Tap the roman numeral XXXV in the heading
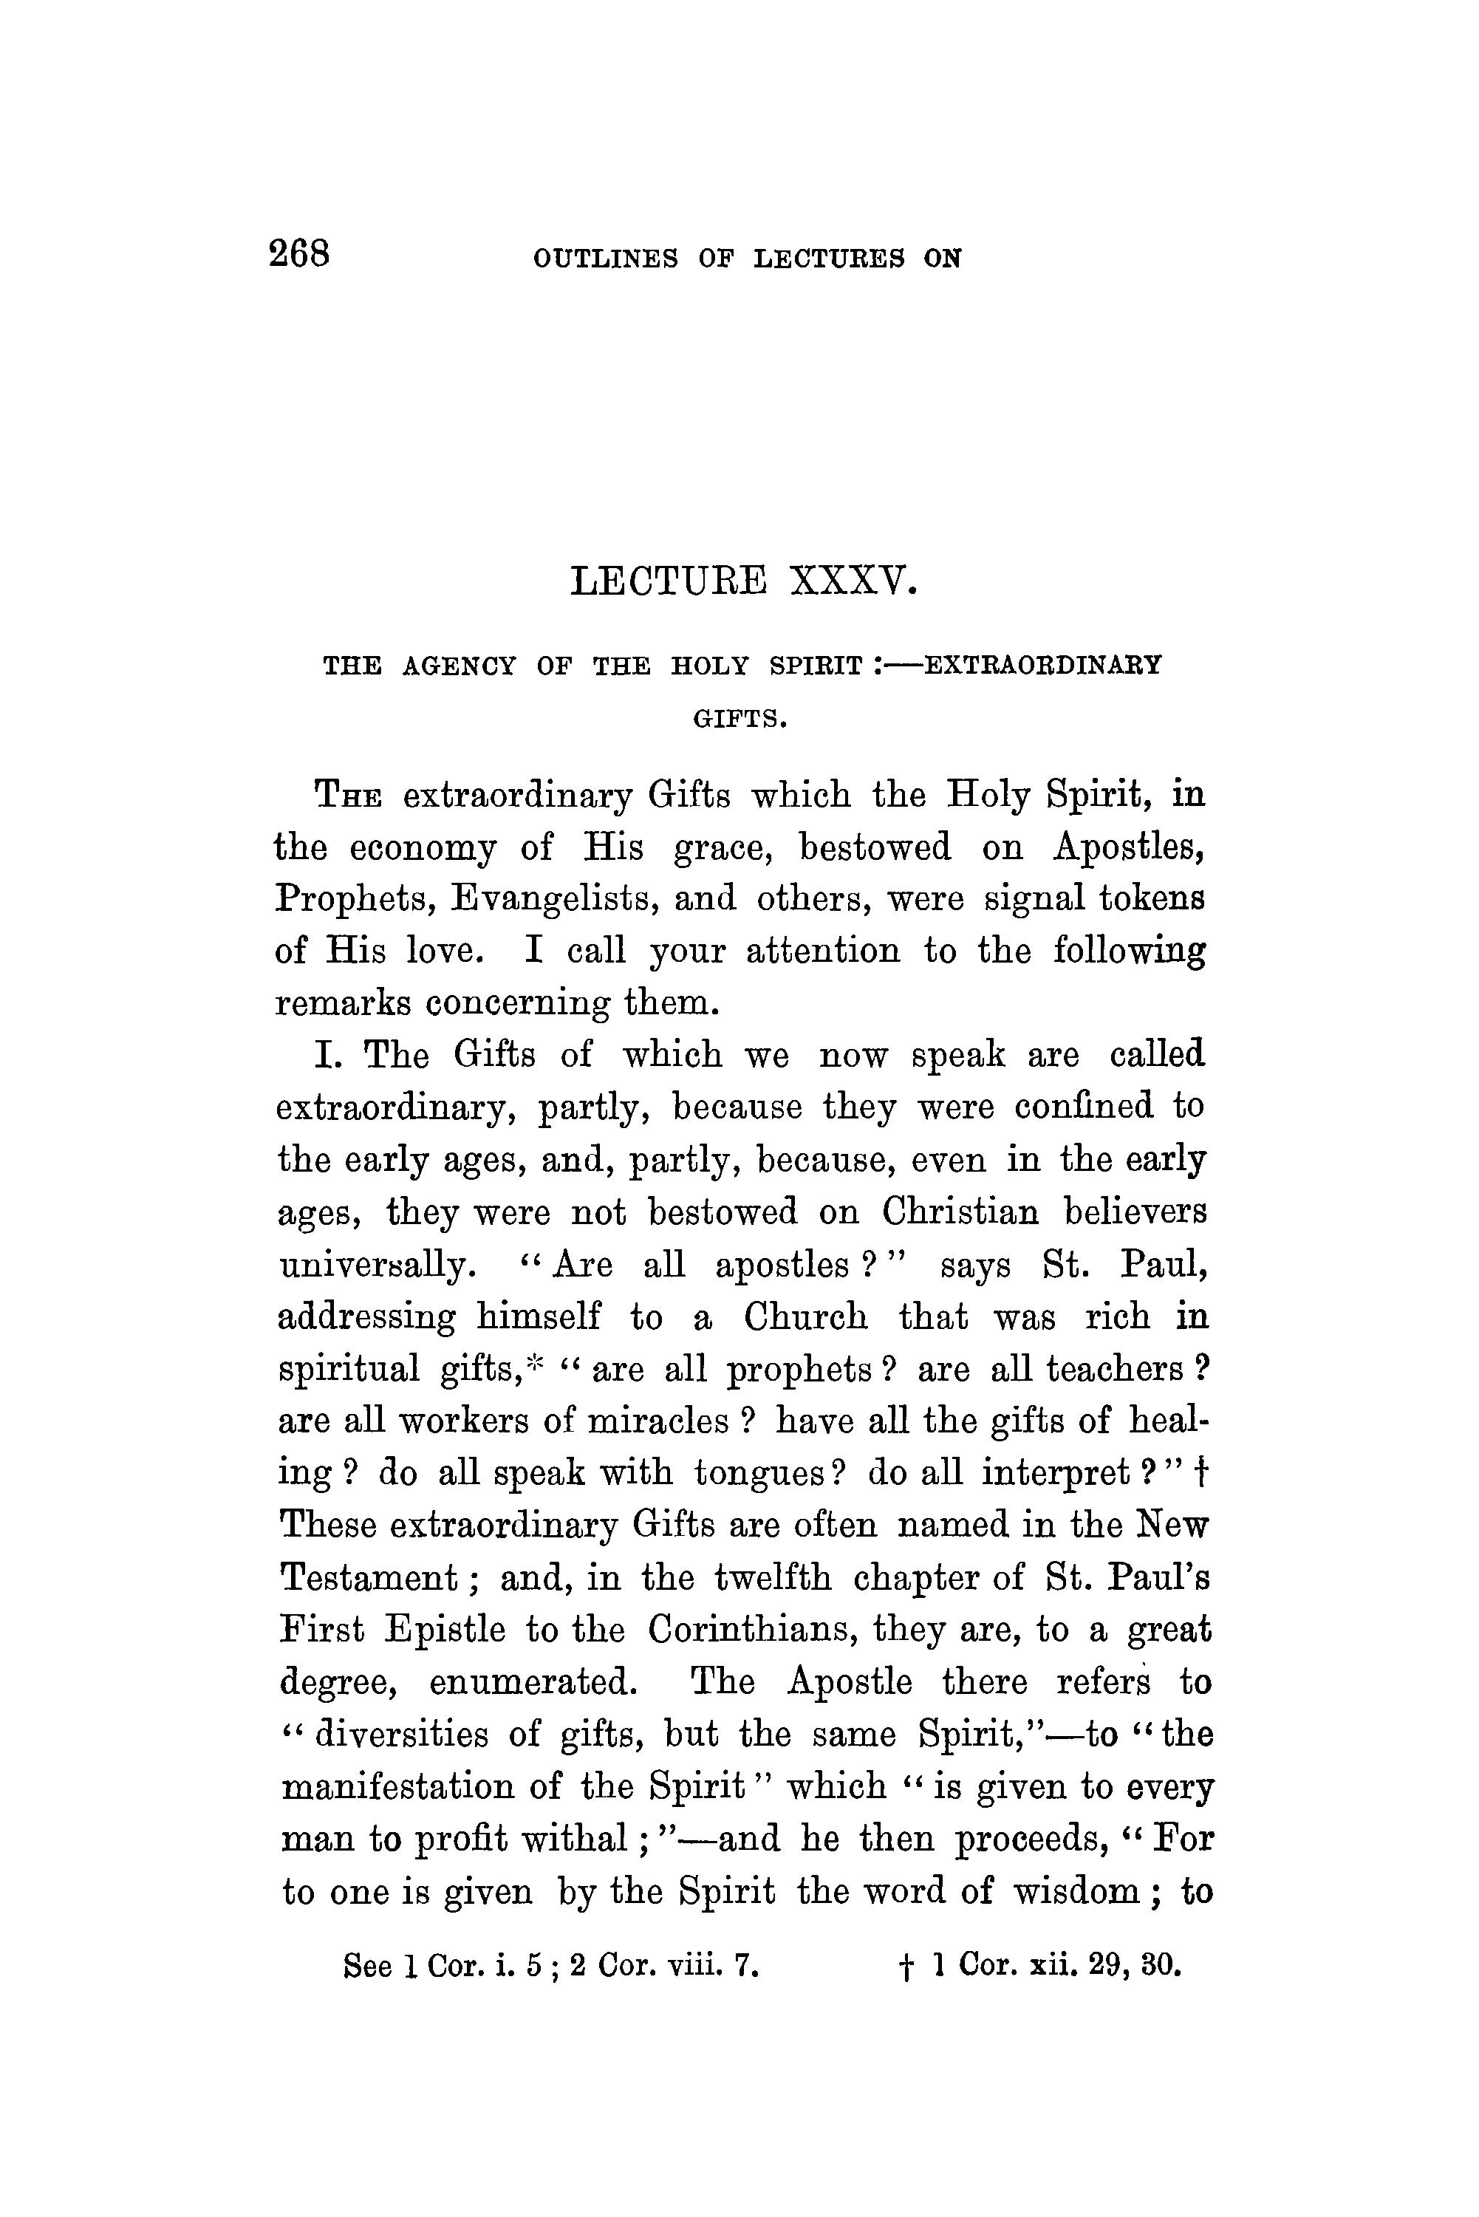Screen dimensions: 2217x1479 click(x=852, y=581)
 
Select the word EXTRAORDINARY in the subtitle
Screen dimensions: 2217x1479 click(x=1042, y=666)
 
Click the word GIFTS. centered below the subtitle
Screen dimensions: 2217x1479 click(x=739, y=720)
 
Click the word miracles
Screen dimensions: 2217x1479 click(x=657, y=1420)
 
